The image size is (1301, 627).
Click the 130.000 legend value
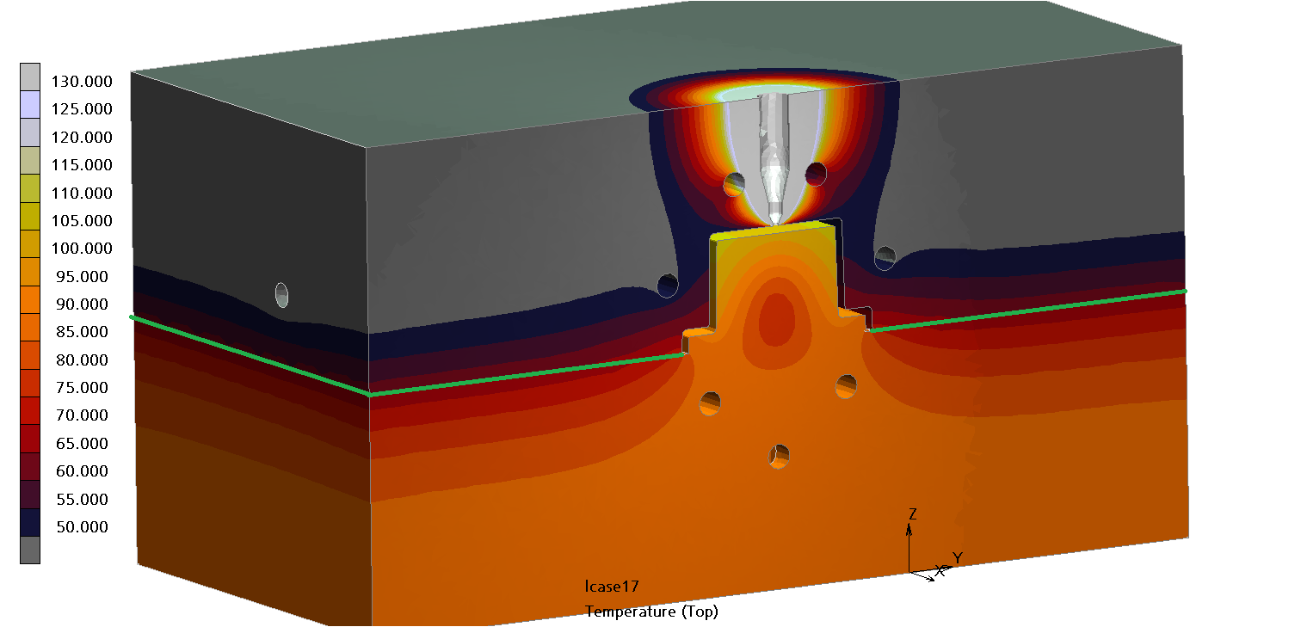[82, 82]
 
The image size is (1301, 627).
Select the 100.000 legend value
[82, 249]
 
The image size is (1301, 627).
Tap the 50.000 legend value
[82, 527]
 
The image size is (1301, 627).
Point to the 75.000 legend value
[82, 388]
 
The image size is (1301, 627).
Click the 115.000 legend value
[82, 165]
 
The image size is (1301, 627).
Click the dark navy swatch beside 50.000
[30, 522]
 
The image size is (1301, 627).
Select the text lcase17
[612, 587]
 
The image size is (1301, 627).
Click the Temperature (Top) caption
[651, 612]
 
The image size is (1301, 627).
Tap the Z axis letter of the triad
[913, 514]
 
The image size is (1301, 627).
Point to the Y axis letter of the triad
[957, 558]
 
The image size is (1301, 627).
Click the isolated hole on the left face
[281, 295]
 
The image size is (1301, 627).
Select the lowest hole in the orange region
[780, 456]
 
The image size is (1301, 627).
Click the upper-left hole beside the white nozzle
[734, 183]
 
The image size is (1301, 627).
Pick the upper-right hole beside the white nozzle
[816, 175]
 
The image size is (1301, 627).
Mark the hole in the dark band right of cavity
[885, 256]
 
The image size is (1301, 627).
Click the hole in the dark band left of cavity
[668, 285]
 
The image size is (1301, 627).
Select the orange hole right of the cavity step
[847, 386]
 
